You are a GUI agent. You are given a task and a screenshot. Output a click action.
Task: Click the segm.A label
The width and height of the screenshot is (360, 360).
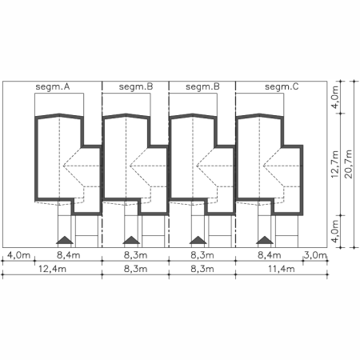pyautogui.click(x=53, y=87)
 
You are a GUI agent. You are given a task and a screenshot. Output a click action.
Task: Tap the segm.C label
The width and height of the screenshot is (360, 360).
pyautogui.click(x=282, y=87)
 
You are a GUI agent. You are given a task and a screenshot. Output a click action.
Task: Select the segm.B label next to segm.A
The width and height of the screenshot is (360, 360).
pyautogui.click(x=136, y=87)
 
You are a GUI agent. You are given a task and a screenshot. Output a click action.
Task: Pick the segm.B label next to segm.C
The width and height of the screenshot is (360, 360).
pyautogui.click(x=202, y=87)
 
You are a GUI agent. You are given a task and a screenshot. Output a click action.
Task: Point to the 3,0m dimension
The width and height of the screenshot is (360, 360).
pyautogui.click(x=315, y=255)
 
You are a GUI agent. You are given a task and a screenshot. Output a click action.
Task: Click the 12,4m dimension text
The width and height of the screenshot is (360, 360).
pyautogui.click(x=52, y=269)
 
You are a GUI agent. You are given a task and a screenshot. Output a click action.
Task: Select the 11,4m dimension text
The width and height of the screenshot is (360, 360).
pyautogui.click(x=282, y=269)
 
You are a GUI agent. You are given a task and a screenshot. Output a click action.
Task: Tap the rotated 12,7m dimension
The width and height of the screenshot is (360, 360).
pyautogui.click(x=335, y=164)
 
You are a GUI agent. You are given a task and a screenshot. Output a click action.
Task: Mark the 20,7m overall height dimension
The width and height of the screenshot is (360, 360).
pyautogui.click(x=348, y=164)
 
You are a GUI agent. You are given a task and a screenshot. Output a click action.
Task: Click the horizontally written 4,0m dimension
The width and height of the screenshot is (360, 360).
pyautogui.click(x=18, y=255)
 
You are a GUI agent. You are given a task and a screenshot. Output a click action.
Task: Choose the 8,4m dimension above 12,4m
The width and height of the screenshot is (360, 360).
pyautogui.click(x=69, y=255)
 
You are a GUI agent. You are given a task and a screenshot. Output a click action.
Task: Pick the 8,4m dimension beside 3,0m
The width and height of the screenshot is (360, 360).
pyautogui.click(x=270, y=255)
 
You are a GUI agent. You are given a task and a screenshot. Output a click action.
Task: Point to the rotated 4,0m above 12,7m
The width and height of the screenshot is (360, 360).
pyautogui.click(x=335, y=97)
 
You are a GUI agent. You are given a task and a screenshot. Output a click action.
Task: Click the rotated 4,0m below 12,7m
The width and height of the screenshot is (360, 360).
pyautogui.click(x=335, y=231)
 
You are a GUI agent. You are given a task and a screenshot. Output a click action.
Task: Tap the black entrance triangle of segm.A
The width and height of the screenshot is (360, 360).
pyautogui.click(x=65, y=240)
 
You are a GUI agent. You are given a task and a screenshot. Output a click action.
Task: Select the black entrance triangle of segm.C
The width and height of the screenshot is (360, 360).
pyautogui.click(x=265, y=240)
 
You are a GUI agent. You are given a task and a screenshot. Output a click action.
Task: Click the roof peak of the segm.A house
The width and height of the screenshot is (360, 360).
pyautogui.click(x=59, y=114)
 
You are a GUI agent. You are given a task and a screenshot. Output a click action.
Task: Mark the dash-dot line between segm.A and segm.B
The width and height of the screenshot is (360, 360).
pyautogui.click(x=102, y=164)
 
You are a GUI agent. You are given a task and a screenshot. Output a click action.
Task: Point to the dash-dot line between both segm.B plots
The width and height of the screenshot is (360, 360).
pyautogui.click(x=169, y=164)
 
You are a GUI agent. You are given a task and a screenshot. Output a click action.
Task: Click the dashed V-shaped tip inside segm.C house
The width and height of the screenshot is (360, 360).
pyautogui.click(x=263, y=166)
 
